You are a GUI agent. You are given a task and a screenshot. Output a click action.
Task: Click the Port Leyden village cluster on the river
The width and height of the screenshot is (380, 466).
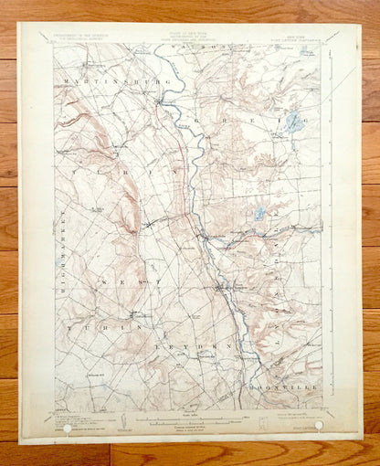click(224, 291)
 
